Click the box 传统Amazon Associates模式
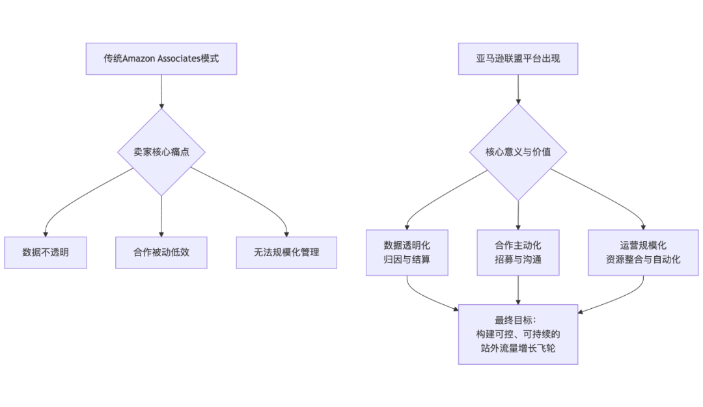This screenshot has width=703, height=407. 161,59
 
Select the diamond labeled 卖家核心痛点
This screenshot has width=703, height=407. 161,152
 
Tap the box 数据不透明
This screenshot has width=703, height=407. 45,252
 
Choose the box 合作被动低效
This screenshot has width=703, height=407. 161,252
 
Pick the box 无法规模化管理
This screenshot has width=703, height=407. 286,252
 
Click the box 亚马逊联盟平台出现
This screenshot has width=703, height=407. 517,59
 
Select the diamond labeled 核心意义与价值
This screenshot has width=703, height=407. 517,152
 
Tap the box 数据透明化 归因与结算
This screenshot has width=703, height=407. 407,252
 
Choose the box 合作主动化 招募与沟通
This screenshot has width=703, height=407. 517,252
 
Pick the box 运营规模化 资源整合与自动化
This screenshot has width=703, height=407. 642,252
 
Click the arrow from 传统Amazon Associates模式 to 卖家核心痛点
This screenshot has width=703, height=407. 161,91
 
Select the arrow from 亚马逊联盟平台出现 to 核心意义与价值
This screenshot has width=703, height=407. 517,89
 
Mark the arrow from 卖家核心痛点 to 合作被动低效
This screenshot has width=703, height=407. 161,216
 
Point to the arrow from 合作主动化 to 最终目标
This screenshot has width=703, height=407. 517,289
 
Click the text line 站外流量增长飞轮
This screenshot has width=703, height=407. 517,348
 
